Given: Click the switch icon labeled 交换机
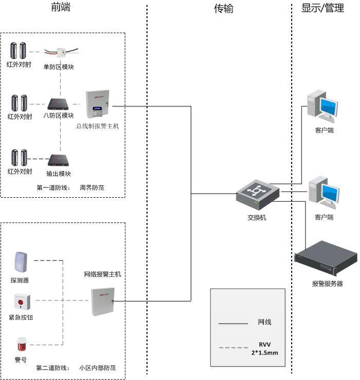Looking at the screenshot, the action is [258, 194].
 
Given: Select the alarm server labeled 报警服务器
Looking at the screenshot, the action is [326, 258].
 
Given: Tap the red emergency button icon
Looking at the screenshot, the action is [22, 301].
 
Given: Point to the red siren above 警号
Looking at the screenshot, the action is [22, 344].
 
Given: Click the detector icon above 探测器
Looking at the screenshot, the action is [21, 262].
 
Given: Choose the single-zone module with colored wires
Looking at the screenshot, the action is [61, 52].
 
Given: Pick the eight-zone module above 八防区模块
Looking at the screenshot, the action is [58, 104].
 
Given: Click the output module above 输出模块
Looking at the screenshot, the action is [59, 160].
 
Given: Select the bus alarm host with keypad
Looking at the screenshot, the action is [98, 104].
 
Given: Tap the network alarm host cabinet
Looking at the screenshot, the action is [103, 302].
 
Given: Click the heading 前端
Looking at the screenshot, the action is [61, 7].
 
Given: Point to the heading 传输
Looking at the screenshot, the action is [223, 9].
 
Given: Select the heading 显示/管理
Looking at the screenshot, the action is [323, 8].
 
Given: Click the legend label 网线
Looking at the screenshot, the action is [264, 322].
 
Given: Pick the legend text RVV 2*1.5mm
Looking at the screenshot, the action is [264, 349].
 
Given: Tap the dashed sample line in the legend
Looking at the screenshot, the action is [233, 348].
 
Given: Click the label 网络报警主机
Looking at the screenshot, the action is [103, 274].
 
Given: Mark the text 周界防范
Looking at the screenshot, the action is [92, 187].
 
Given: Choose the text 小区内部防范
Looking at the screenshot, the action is [98, 368].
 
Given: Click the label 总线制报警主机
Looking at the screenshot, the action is [98, 126].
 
